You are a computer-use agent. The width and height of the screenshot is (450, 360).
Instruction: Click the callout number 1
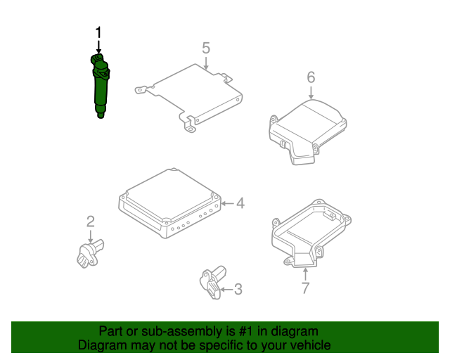click(98, 32)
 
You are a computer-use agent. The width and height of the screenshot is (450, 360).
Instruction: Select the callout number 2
click(91, 221)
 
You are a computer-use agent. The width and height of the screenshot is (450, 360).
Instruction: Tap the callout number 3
click(238, 290)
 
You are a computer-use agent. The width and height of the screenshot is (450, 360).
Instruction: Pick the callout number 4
click(240, 203)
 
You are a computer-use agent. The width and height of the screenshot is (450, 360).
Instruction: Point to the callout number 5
click(206, 48)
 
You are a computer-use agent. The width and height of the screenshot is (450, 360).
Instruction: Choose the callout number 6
click(311, 77)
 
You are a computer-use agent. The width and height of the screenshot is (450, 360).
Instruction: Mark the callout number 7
click(306, 288)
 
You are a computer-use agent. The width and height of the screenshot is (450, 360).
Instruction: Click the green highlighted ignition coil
click(100, 86)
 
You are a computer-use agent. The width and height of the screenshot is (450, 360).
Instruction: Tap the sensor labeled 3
click(212, 282)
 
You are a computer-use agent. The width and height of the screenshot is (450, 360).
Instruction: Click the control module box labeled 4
click(170, 203)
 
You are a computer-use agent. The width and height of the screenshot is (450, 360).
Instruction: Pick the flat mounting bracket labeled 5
click(189, 96)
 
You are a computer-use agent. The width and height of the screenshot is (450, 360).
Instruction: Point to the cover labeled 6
click(307, 131)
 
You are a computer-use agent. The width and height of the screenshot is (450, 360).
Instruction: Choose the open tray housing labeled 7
click(311, 233)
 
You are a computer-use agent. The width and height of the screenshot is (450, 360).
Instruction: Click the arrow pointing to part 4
click(228, 203)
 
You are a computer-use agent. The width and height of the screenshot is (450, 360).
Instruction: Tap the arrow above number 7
click(305, 274)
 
